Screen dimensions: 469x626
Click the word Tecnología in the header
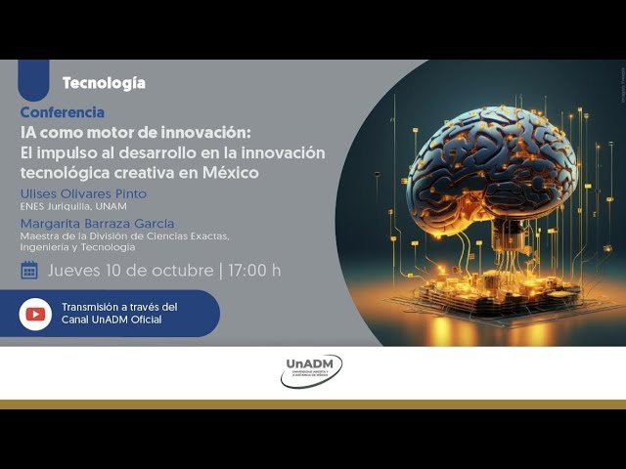click(x=103, y=83)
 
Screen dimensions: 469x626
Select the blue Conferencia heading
click(x=62, y=112)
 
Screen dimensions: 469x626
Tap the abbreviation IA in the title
click(x=29, y=132)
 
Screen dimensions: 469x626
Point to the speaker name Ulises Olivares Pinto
click(x=83, y=193)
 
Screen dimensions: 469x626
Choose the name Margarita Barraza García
click(x=97, y=224)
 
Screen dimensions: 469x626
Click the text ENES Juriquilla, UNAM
click(x=72, y=207)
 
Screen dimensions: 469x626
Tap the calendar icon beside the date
click(x=29, y=270)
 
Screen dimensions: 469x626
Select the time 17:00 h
click(x=254, y=270)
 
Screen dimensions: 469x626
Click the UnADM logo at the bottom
click(x=312, y=371)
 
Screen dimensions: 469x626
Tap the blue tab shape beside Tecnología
click(x=33, y=78)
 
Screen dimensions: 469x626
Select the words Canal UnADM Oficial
click(x=112, y=320)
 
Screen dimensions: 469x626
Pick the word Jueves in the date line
click(x=72, y=270)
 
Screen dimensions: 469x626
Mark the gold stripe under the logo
click(x=313, y=404)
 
